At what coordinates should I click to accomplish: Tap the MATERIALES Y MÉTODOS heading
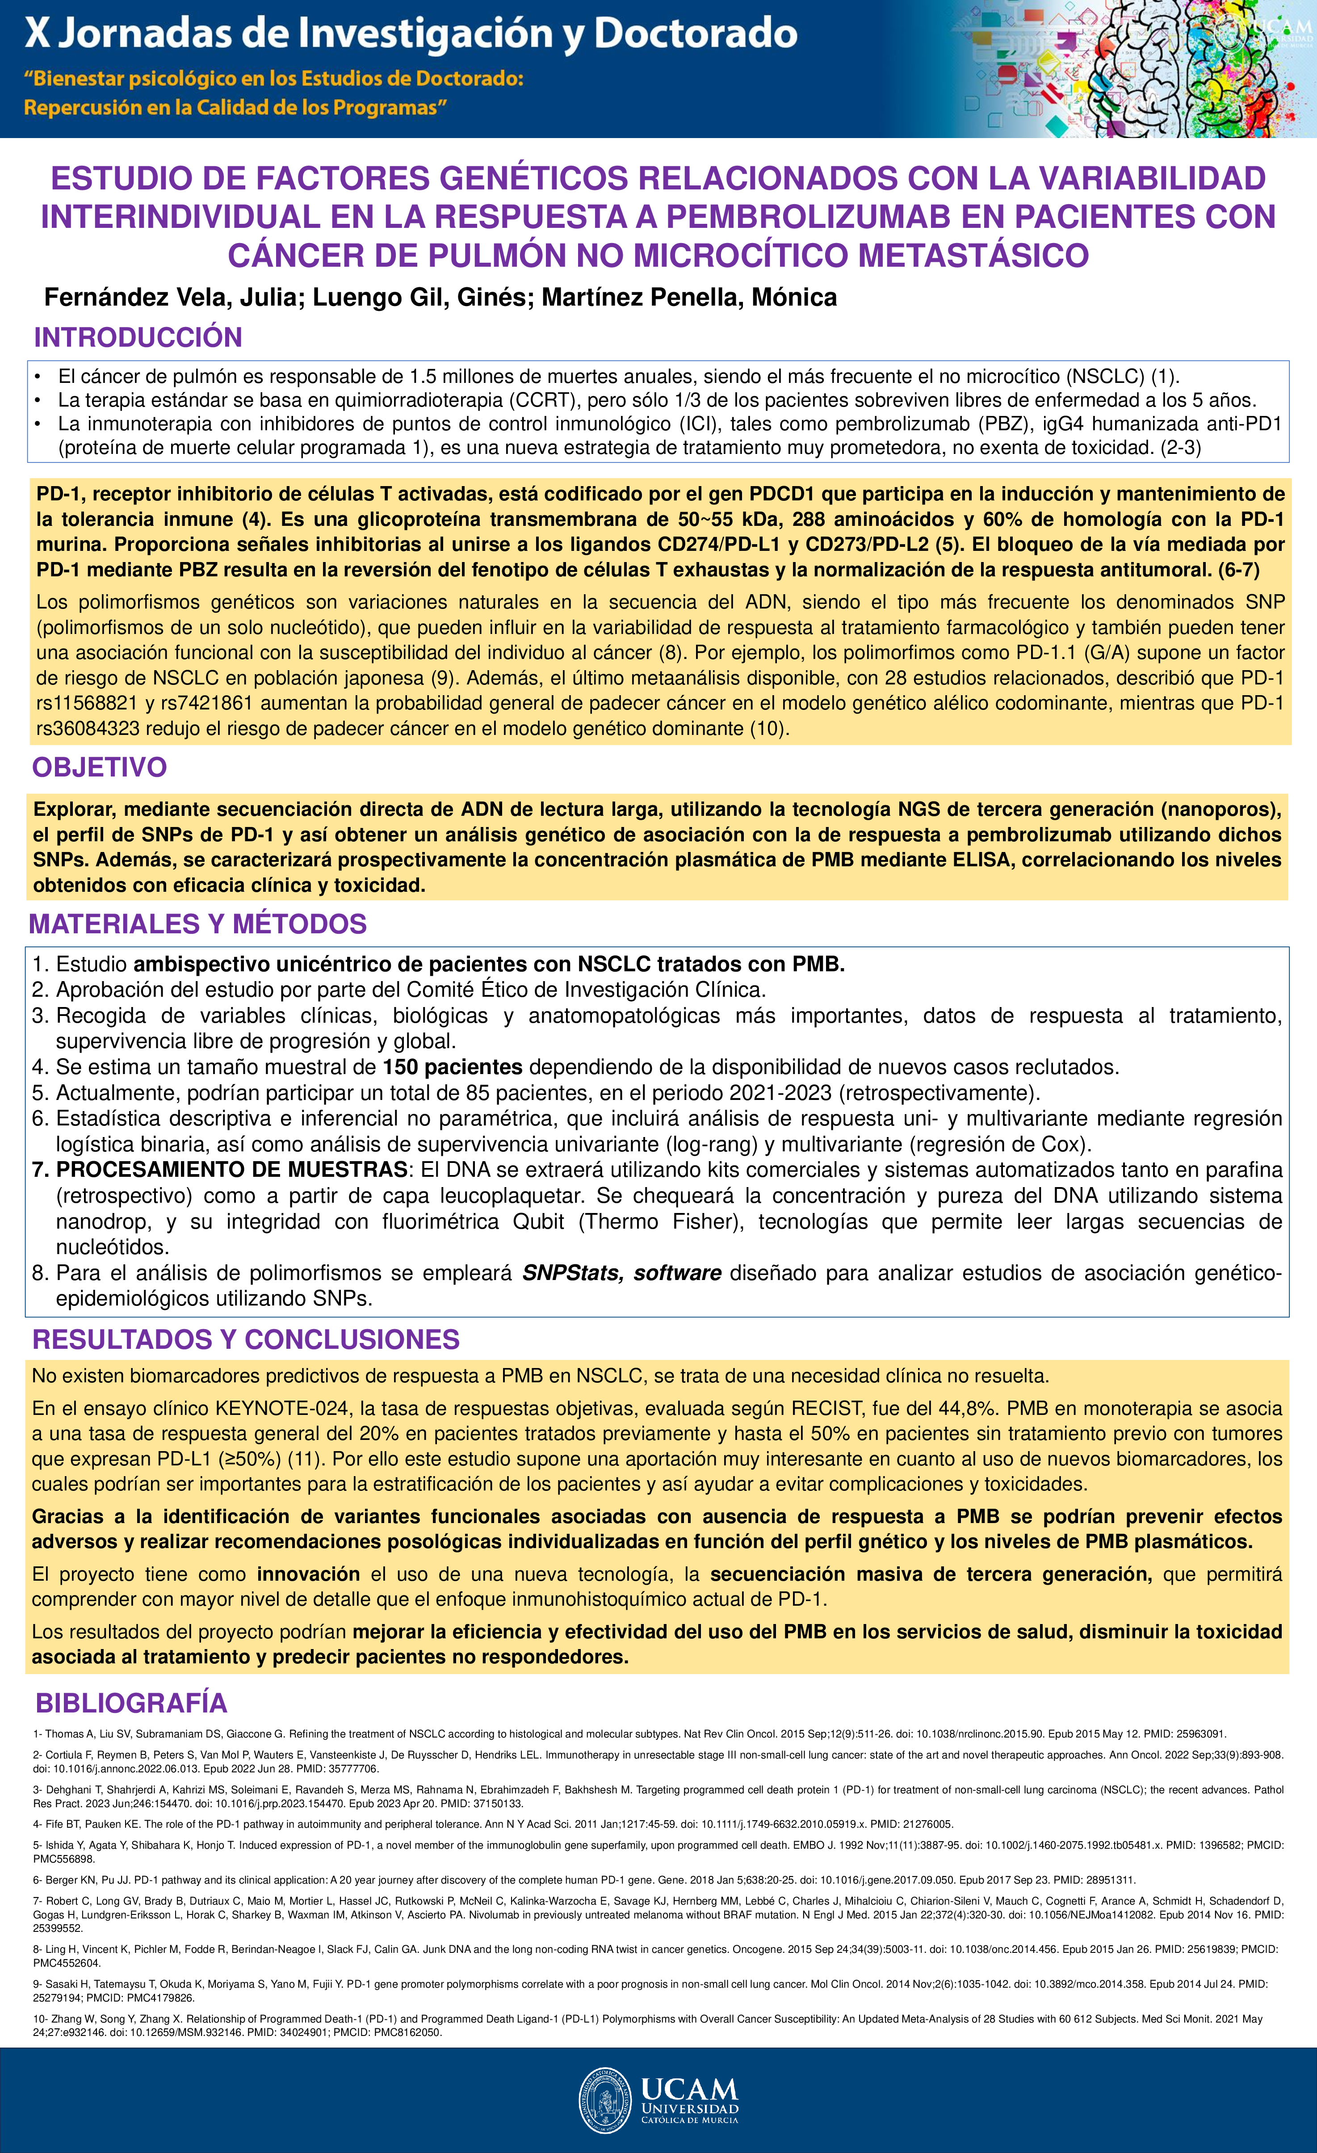point(197,923)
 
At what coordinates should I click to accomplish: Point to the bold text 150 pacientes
point(453,1067)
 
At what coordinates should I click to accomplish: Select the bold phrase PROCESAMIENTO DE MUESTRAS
point(231,1170)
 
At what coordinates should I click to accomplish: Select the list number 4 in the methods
point(39,1067)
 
